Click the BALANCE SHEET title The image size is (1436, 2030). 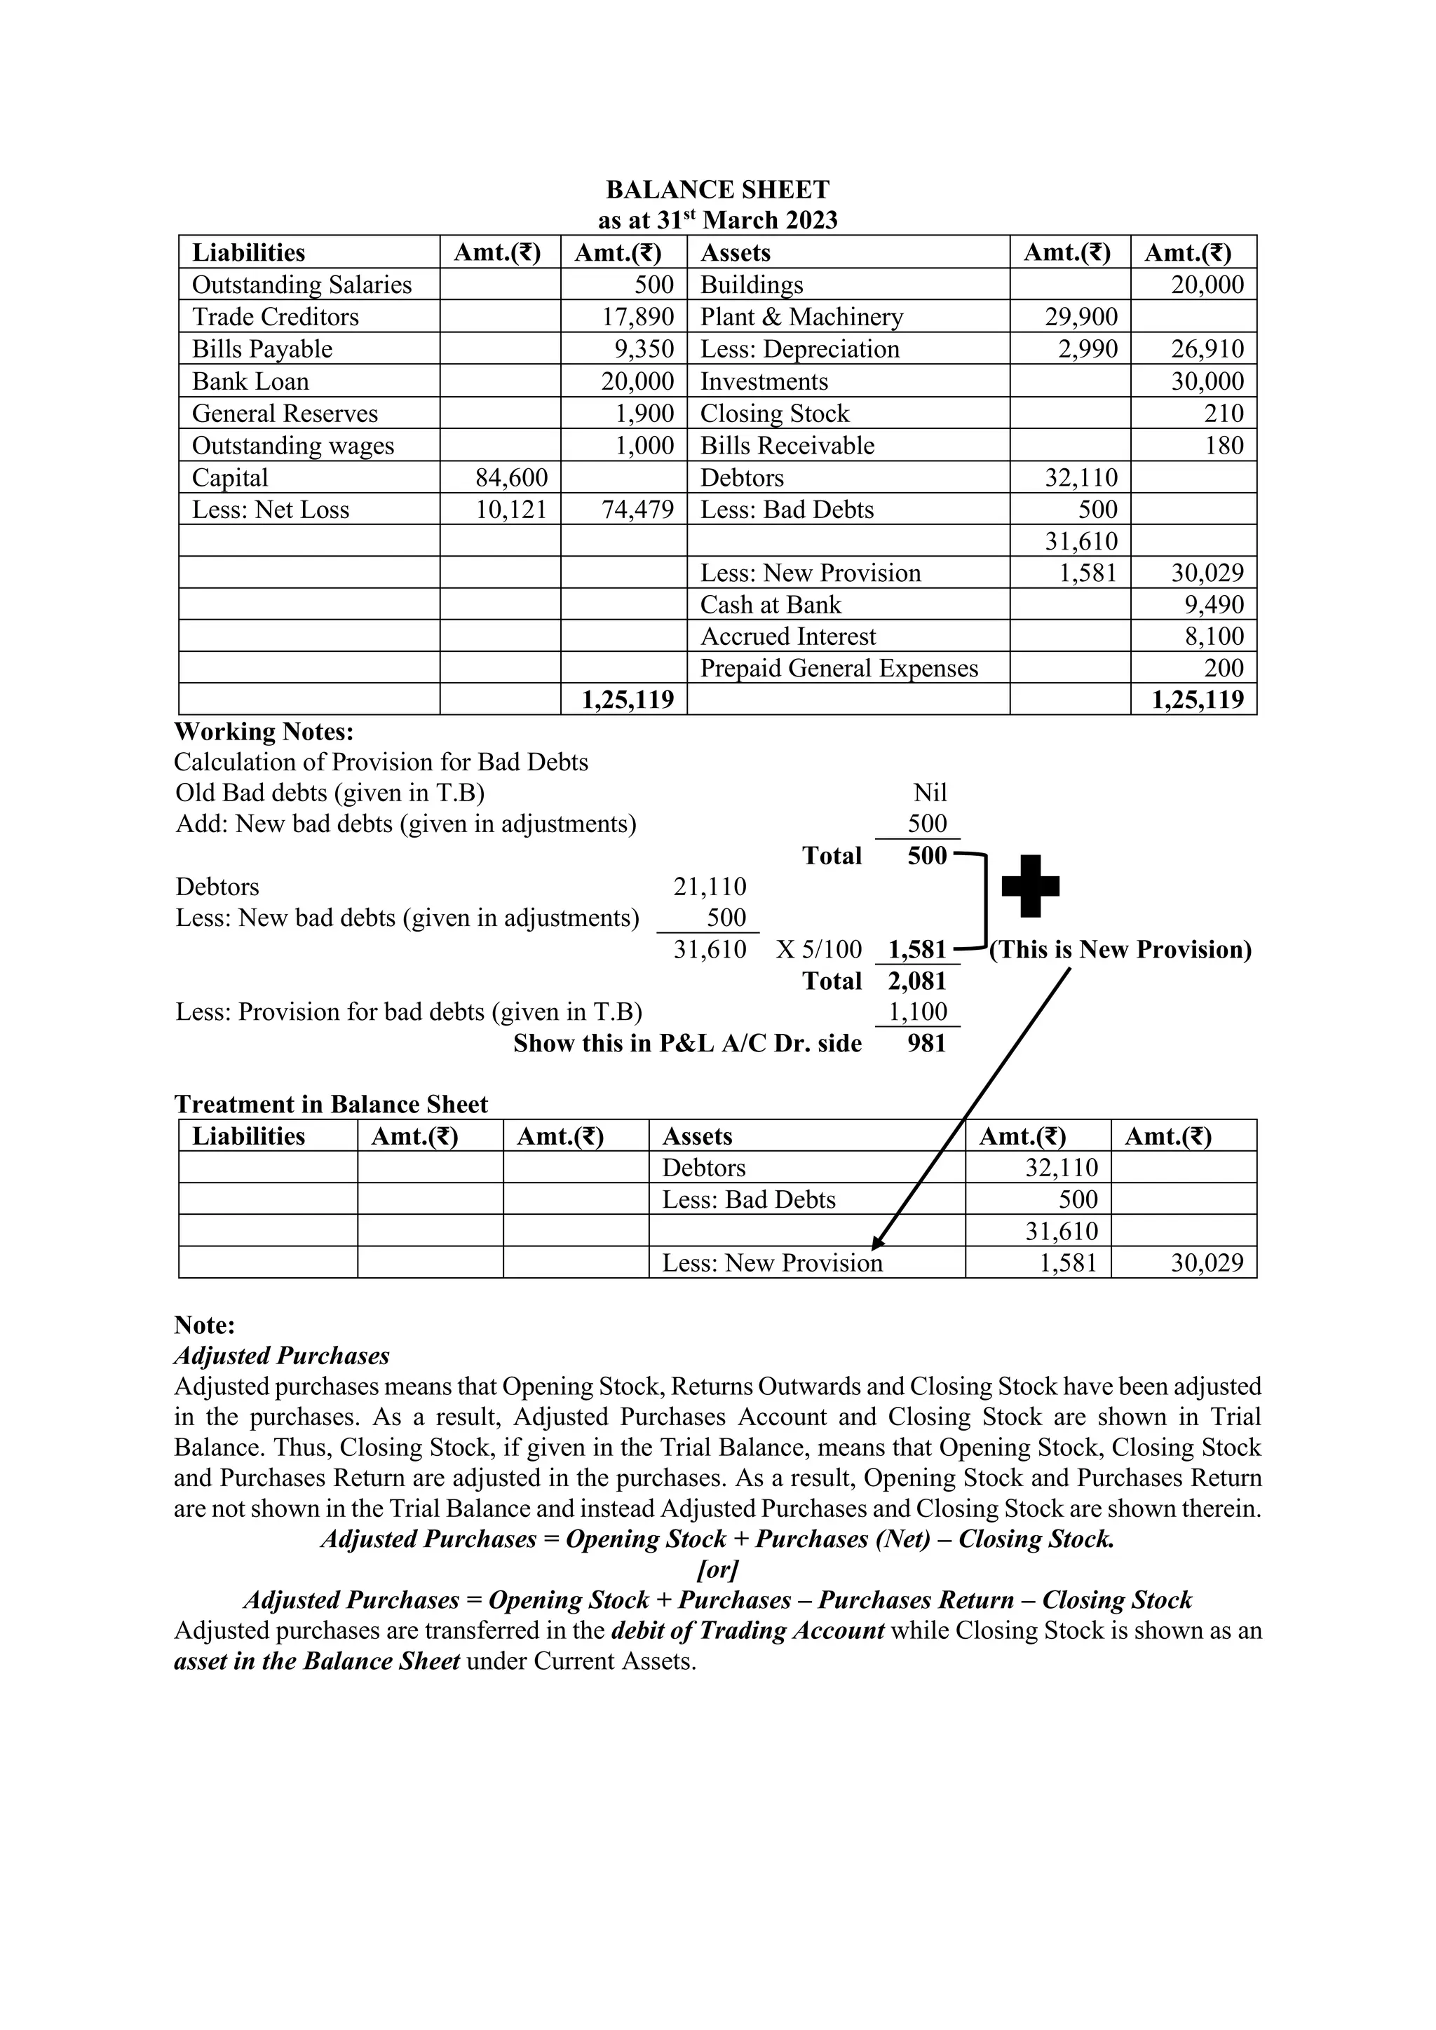(717, 190)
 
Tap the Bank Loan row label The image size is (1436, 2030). (250, 381)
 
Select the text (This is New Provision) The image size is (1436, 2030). (1120, 950)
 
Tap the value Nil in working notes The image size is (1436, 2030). (929, 792)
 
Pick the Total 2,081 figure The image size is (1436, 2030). (917, 981)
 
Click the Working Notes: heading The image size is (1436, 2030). (264, 731)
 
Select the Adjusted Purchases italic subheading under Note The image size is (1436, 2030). (281, 1356)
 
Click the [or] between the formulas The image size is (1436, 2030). (717, 1569)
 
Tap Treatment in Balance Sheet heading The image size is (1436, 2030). (331, 1104)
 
